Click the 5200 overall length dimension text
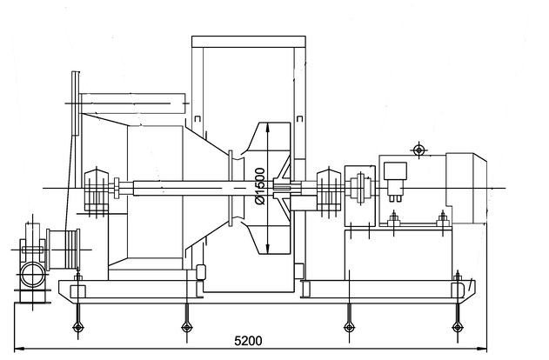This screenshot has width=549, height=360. pos(248,340)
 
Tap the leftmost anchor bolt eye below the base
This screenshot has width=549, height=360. pos(77,327)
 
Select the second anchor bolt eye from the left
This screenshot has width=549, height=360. pos(187,327)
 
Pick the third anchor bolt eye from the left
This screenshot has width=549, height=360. pos(349,327)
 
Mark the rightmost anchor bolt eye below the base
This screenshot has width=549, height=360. pos(458,327)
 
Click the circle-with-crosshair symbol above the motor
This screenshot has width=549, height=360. pos(418,150)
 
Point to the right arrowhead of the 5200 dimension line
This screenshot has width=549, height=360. pos(483,348)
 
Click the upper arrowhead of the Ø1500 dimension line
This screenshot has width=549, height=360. pos(268,127)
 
